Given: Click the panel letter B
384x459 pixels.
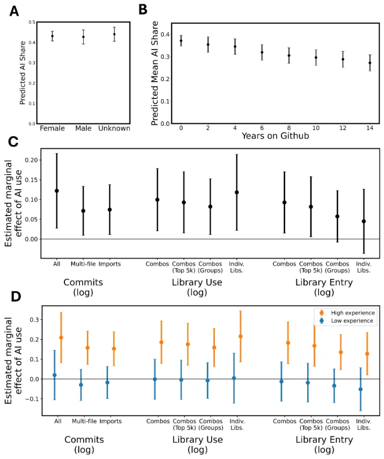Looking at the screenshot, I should pos(142,10).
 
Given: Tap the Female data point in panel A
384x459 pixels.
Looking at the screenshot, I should pos(52,36).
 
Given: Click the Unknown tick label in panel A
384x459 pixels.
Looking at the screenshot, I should pos(114,128).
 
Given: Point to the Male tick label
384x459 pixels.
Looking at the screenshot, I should pos(83,128).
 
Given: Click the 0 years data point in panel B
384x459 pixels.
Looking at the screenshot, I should pos(181,40).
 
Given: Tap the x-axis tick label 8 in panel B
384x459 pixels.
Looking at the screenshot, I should pos(289,130).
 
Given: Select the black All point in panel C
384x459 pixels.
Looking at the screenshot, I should pos(56,191).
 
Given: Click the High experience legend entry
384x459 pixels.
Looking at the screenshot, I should pos(343,312).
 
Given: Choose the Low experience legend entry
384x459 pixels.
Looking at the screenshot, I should pos(343,321).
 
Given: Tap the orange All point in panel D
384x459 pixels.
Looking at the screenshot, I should pos(61,338).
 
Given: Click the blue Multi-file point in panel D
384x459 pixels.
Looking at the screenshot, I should pos(81,385).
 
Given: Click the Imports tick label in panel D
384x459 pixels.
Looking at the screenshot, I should pos(110,420).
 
